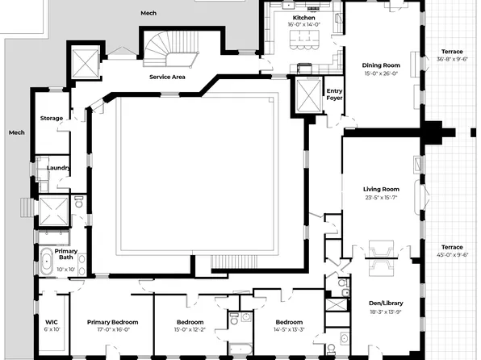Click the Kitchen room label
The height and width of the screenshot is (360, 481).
pos(304,17)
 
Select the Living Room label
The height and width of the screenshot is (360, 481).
pos(382,189)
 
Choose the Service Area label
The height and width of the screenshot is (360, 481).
pos(168,77)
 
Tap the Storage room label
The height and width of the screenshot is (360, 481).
pos(52,119)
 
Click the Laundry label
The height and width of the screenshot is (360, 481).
pos(57,168)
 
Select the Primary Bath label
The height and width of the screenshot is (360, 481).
pos(66,254)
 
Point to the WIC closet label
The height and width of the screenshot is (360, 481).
pos(52,321)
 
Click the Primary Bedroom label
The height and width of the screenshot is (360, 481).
pos(112,321)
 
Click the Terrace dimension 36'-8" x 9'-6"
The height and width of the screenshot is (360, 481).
pos(452,59)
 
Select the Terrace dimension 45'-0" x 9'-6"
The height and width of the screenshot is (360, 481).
pos(452,255)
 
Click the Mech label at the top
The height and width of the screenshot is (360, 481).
pos(148,13)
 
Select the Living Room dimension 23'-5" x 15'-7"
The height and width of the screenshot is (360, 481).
pos(382,197)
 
